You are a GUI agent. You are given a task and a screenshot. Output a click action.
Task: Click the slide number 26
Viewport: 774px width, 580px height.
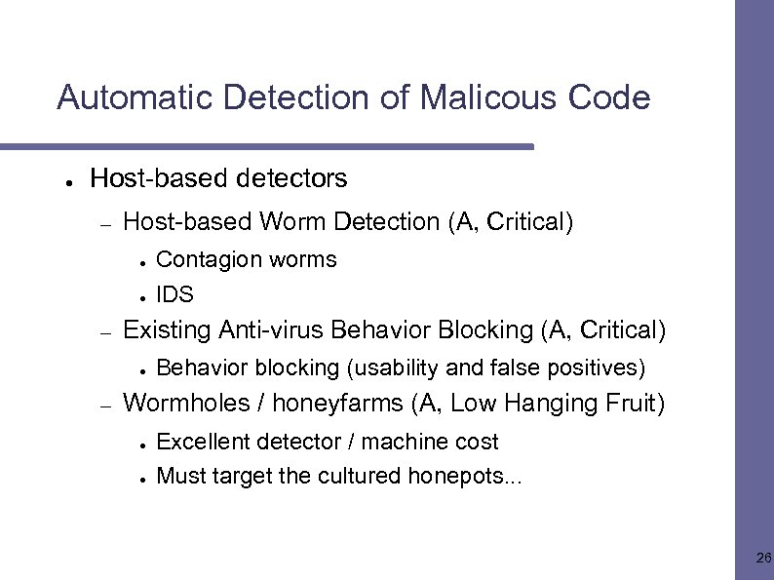click(763, 559)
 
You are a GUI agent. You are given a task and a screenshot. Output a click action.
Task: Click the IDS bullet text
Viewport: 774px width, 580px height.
click(174, 294)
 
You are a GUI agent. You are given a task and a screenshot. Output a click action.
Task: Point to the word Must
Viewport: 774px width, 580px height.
click(177, 476)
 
